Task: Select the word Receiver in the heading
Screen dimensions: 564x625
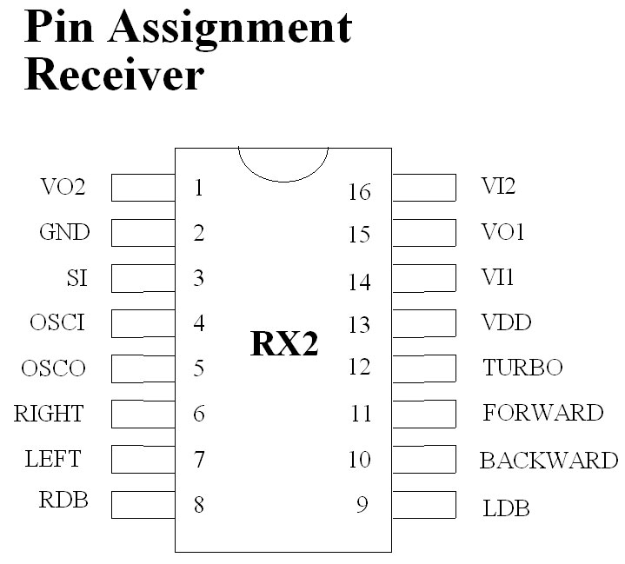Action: [114, 76]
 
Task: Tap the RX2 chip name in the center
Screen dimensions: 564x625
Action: [284, 344]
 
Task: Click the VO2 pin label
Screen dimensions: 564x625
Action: [63, 187]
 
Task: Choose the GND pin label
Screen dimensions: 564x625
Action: [64, 233]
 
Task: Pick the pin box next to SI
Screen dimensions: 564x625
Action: [143, 278]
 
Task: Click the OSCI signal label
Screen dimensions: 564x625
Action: [57, 323]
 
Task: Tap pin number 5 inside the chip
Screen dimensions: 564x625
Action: [199, 368]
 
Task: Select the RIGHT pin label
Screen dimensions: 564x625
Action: [49, 414]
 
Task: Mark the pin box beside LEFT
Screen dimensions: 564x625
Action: [143, 458]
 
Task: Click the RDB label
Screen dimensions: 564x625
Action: [63, 501]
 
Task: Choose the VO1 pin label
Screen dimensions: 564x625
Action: [503, 233]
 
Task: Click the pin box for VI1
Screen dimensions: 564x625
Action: [424, 278]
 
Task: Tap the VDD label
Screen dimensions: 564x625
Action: [506, 323]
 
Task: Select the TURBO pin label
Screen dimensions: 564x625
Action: [522, 368]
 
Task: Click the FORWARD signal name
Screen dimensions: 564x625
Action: [542, 413]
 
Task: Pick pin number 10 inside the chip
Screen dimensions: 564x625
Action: [360, 459]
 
